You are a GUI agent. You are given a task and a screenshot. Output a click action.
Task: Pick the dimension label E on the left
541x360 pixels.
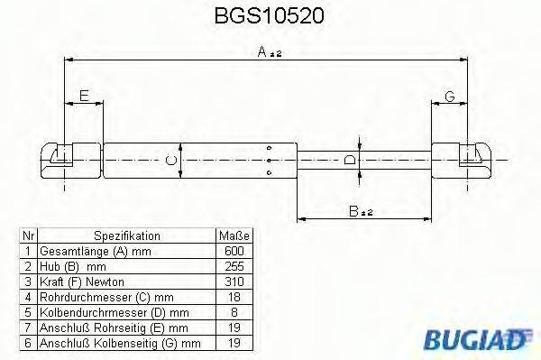(x=84, y=96)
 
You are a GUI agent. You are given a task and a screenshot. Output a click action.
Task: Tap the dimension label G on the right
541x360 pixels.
(x=448, y=97)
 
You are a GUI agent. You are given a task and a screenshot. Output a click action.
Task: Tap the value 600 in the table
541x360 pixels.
(x=234, y=250)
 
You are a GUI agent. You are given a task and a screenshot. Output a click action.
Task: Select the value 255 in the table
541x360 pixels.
(x=234, y=265)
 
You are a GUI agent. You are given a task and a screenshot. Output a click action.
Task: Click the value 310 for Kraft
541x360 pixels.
(x=234, y=281)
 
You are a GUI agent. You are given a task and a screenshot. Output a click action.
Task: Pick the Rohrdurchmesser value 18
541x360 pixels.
(x=234, y=296)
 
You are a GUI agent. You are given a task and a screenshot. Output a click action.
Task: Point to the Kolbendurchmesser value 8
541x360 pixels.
(x=234, y=311)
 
